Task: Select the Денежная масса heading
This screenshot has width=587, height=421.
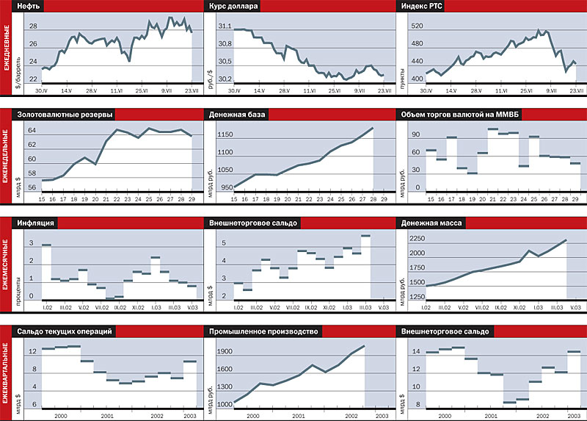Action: click(x=430, y=223)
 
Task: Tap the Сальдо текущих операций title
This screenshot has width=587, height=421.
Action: click(x=65, y=331)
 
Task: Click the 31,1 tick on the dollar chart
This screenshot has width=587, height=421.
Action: click(x=225, y=26)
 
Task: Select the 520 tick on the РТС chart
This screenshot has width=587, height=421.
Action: click(x=418, y=26)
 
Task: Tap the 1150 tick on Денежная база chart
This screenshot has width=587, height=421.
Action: click(x=225, y=134)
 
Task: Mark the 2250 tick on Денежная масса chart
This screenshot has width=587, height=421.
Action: click(x=415, y=238)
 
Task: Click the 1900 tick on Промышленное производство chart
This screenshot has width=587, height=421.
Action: click(x=224, y=351)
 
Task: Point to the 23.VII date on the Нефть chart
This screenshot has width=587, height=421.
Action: click(x=191, y=90)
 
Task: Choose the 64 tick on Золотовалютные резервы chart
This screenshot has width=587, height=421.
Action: click(x=32, y=131)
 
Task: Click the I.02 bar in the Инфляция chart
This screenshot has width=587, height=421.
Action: click(x=46, y=245)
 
